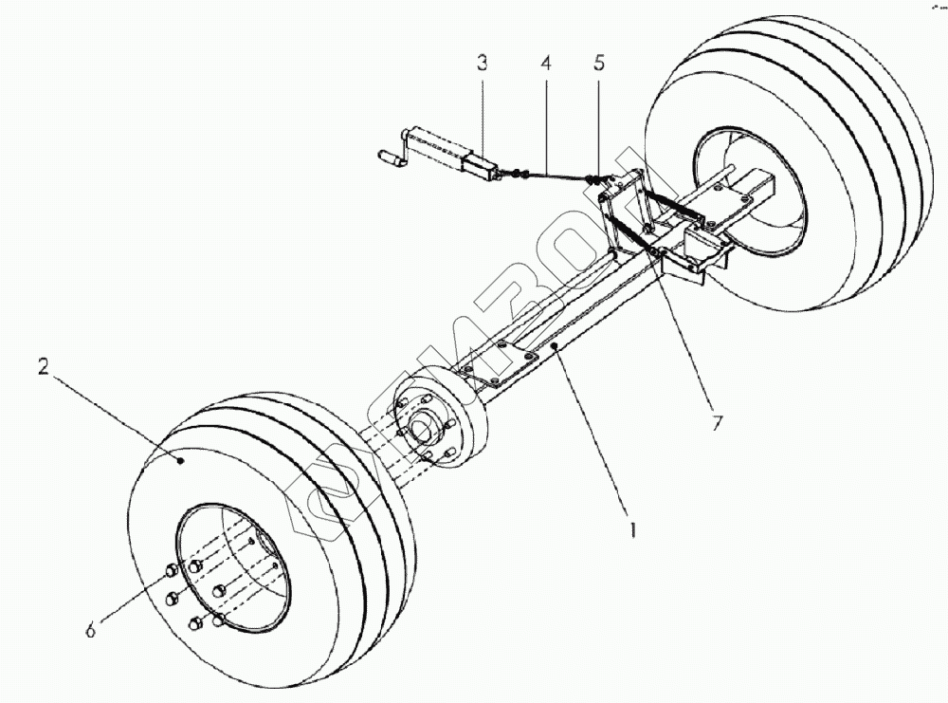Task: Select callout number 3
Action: pos(483,65)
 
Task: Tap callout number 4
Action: pos(546,65)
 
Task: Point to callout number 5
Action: pos(598,65)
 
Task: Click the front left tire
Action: pos(275,531)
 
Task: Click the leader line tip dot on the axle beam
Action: pos(557,349)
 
